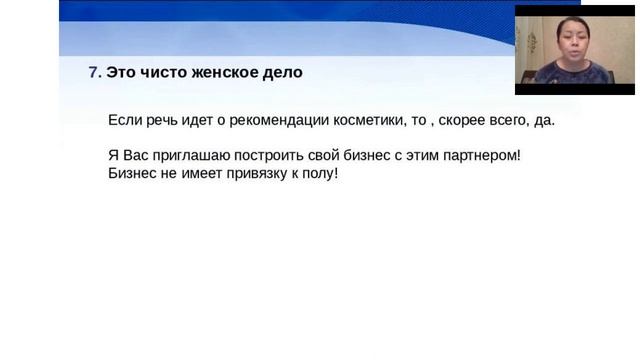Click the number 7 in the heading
tap(93, 73)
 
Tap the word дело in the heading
tap(280, 73)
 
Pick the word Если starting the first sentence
tap(124, 121)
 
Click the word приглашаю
tap(189, 157)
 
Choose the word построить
tap(267, 157)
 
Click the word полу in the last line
tap(320, 174)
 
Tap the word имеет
tap(193, 174)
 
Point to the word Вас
tap(134, 157)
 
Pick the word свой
tap(323, 157)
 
